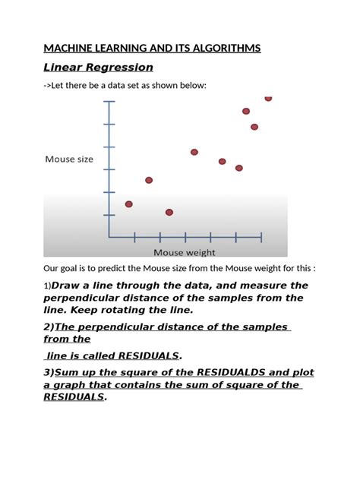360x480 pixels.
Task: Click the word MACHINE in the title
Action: pos(65,49)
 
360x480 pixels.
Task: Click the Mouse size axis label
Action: pos(70,159)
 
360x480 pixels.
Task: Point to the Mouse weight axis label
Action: pos(185,252)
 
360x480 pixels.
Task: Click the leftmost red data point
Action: pos(128,204)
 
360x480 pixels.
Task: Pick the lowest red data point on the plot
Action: pos(169,212)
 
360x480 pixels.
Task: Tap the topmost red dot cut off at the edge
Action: pos(268,98)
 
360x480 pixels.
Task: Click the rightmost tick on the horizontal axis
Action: pos(261,237)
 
